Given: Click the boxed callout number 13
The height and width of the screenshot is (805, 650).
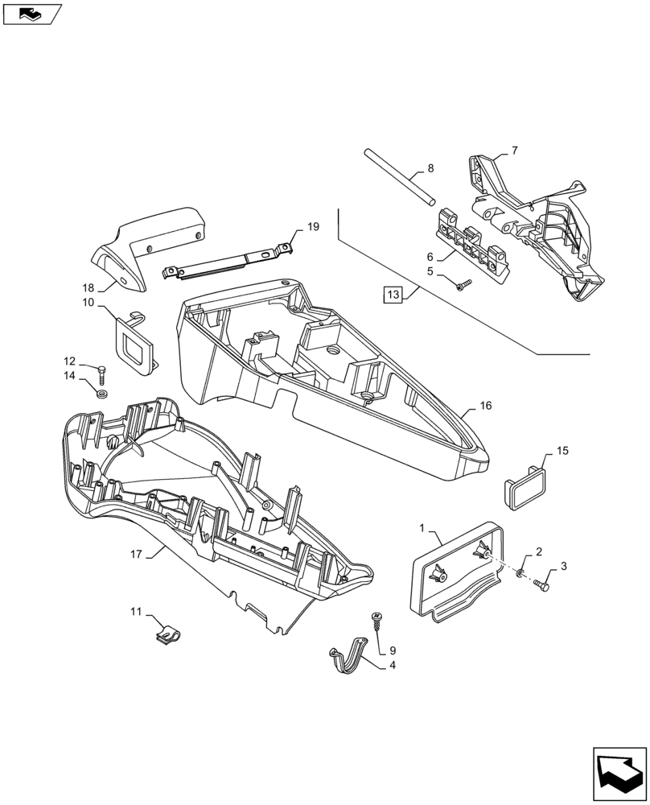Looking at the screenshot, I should click(393, 295).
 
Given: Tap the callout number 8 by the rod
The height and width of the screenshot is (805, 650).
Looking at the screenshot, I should click(430, 169).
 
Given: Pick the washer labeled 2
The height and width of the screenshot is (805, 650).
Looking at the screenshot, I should click(520, 572).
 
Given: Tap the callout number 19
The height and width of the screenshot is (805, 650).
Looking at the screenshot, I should click(313, 227).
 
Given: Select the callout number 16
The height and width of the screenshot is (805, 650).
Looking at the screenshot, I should click(485, 407).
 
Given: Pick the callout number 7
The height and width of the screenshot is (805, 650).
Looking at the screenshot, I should click(514, 150).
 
